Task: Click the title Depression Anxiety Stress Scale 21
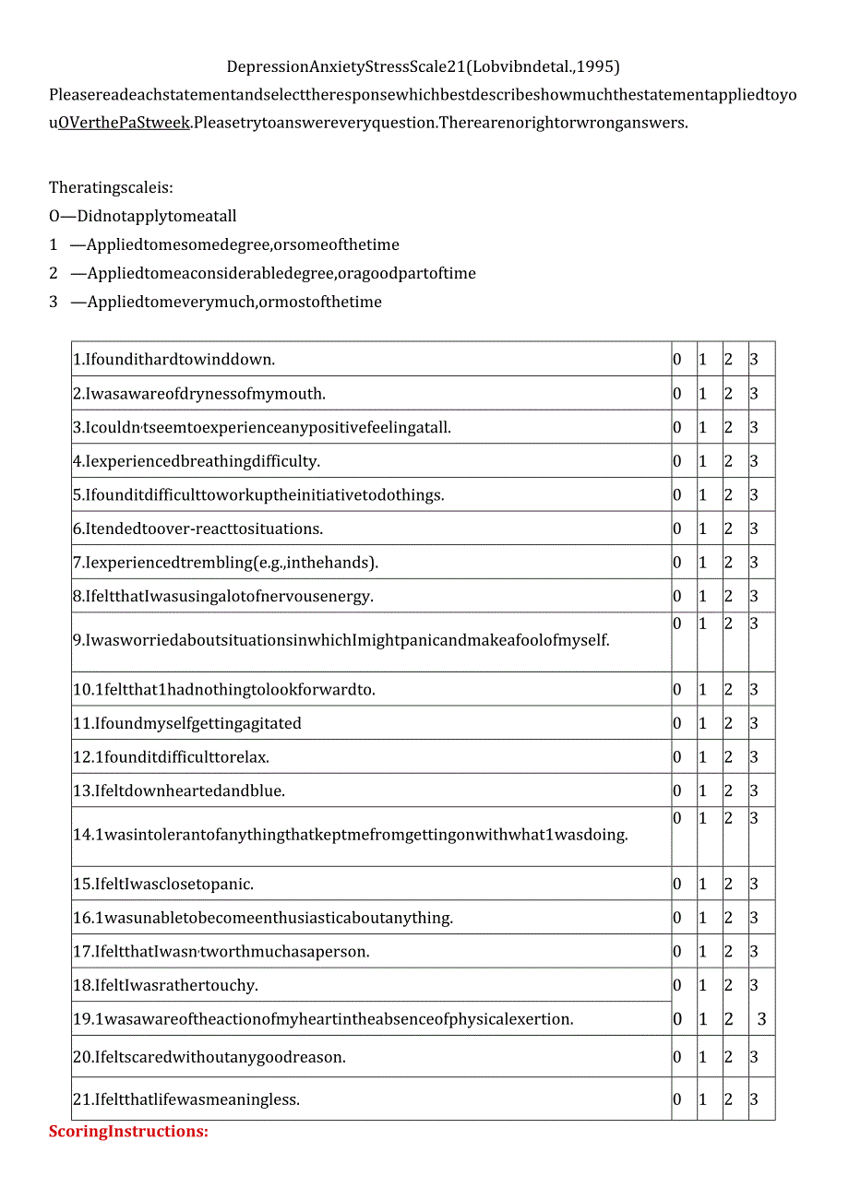tap(424, 66)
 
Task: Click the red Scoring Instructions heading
tap(128, 1131)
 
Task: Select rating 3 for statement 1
tap(754, 360)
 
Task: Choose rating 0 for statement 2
tap(676, 394)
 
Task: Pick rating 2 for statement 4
tap(728, 461)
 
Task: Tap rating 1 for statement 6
tap(702, 529)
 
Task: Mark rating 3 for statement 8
tap(754, 596)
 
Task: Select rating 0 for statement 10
tap(676, 689)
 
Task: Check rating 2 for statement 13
tap(728, 790)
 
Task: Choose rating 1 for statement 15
tap(702, 884)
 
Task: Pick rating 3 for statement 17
tap(754, 951)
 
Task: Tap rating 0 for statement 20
tap(676, 1057)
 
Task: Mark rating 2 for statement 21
tap(728, 1099)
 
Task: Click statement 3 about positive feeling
tap(262, 427)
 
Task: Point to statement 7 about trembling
tap(226, 563)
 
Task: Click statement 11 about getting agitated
tap(187, 723)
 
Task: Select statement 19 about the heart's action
tap(323, 1019)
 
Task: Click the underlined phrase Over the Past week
tap(124, 123)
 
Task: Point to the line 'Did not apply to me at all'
tap(143, 217)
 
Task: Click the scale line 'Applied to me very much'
tap(225, 302)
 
